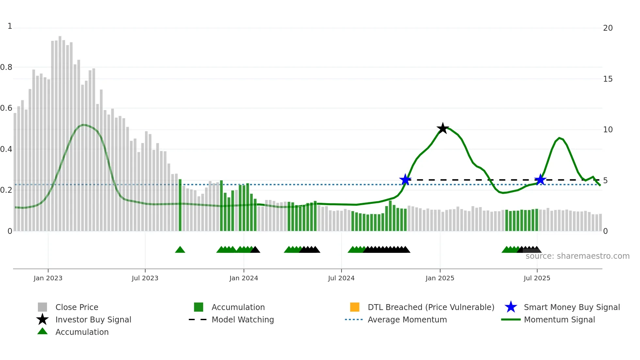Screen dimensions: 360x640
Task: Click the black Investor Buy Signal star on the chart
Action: click(x=443, y=128)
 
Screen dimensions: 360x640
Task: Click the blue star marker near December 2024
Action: click(x=405, y=180)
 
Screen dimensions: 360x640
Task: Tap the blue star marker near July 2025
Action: click(x=540, y=180)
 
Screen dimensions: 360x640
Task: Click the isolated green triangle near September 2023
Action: click(x=180, y=250)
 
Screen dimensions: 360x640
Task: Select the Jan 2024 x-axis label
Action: click(x=244, y=278)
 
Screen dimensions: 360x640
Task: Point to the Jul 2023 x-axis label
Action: click(x=145, y=278)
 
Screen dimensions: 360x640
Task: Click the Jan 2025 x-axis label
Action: click(x=440, y=278)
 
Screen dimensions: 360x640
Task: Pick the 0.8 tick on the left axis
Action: click(x=7, y=67)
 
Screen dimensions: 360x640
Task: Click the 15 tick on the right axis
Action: click(x=608, y=79)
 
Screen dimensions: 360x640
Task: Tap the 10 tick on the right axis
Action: click(x=608, y=130)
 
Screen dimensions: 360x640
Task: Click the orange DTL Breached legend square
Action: click(x=355, y=307)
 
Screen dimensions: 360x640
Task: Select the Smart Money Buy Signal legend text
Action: click(x=572, y=307)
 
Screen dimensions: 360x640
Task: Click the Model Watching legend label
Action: click(x=243, y=320)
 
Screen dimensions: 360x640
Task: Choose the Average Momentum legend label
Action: click(x=407, y=320)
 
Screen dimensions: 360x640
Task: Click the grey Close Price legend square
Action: click(x=42, y=307)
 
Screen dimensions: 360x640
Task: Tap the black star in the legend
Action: click(x=42, y=319)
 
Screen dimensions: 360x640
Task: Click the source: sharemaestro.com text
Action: click(x=577, y=256)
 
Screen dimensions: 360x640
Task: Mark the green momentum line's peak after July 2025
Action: click(x=559, y=138)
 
